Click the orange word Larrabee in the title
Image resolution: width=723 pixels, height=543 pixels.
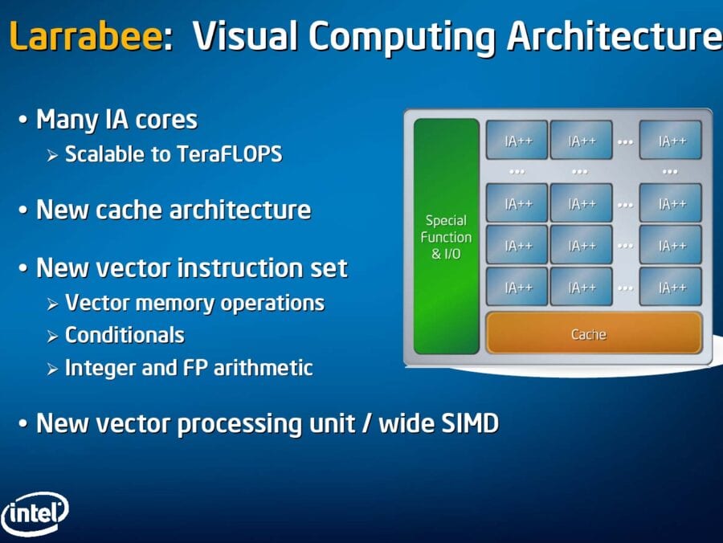[86, 36]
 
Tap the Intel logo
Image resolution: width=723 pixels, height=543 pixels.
[35, 513]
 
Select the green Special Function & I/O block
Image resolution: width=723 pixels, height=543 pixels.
[447, 236]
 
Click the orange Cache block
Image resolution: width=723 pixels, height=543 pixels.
[594, 333]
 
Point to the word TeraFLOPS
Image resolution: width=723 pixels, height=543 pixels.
[229, 154]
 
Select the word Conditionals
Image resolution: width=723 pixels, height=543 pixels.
[125, 335]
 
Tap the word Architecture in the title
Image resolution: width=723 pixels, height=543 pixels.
[615, 36]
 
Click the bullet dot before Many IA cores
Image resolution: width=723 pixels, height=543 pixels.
[22, 120]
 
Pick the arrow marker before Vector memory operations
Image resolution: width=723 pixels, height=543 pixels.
[52, 304]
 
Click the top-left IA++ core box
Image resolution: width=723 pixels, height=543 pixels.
[517, 140]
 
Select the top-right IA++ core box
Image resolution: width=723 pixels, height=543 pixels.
[671, 140]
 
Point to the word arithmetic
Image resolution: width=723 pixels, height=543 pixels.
[263, 368]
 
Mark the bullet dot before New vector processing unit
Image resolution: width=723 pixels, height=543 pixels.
[22, 423]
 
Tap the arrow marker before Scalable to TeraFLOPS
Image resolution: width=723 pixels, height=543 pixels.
[52, 156]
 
